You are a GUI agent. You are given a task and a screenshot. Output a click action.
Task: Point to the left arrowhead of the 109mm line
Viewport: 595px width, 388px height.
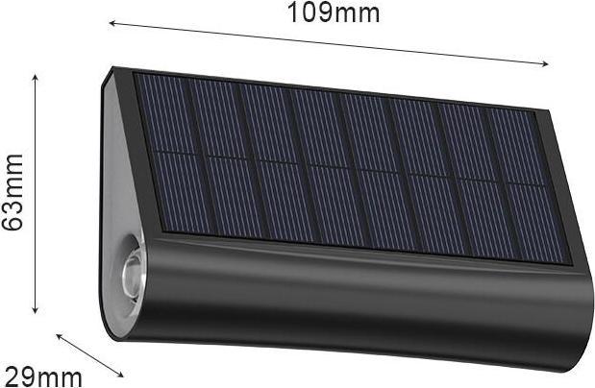(111, 20)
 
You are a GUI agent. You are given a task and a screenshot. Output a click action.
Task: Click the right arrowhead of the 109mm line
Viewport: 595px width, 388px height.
(547, 65)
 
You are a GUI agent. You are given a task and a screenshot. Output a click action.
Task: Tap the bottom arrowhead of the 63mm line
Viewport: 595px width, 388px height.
(36, 310)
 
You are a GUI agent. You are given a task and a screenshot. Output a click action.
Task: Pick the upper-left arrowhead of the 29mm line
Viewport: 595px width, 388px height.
(59, 335)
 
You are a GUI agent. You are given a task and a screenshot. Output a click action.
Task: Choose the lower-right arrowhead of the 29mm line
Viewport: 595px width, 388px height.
(122, 376)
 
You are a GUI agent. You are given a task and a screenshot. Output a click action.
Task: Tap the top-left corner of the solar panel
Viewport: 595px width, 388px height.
(136, 74)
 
